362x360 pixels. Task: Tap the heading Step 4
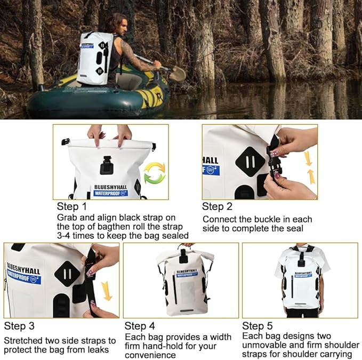(139, 326)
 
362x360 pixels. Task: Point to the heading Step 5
(257, 326)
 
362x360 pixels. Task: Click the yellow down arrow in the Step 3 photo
(107, 291)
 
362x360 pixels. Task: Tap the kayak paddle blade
(178, 74)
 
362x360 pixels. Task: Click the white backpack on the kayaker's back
(95, 58)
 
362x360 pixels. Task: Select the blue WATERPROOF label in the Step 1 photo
(110, 193)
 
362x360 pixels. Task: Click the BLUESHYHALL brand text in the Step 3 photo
(23, 267)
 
